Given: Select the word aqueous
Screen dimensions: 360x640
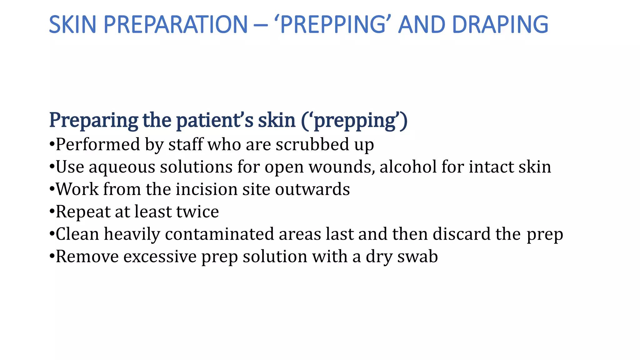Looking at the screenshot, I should [122, 167].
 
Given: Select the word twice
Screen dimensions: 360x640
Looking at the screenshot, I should [197, 212].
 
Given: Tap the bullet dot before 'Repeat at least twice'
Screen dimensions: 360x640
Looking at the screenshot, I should [52, 212].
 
